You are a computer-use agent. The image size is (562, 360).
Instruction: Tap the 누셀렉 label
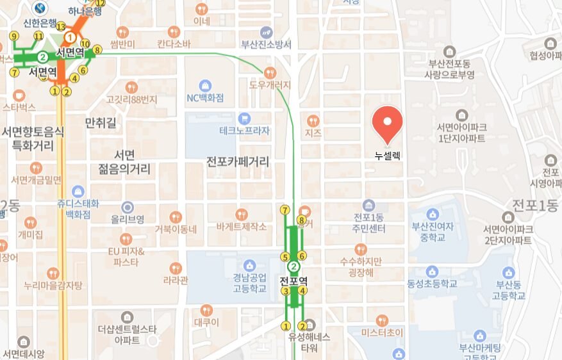388,155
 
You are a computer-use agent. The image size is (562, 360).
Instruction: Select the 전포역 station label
294,281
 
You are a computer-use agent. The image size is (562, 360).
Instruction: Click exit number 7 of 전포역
285,210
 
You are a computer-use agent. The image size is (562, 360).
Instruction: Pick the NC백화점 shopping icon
204,86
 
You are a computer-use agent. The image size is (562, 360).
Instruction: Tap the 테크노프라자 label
244,131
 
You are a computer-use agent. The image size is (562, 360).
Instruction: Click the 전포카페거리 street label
237,161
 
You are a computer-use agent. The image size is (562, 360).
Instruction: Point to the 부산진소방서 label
266,44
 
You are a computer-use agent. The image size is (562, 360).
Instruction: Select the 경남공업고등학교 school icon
249,265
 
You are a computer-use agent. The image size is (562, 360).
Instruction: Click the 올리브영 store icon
128,207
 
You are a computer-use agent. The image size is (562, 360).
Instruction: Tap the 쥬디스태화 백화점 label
78,209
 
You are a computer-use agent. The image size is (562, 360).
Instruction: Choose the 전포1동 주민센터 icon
368,206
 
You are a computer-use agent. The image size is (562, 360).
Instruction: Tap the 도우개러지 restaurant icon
270,72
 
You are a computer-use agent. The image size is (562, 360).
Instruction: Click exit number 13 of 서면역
61,27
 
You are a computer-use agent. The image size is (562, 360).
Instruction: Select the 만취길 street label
101,122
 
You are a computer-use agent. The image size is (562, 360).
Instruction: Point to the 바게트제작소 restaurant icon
241,214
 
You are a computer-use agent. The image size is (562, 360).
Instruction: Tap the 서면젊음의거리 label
124,162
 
